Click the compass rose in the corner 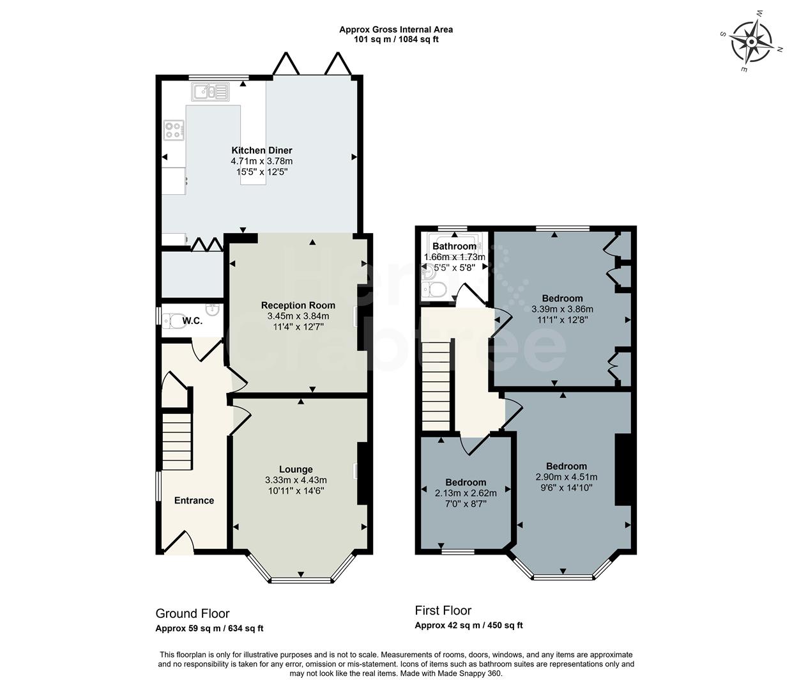pyautogui.click(x=751, y=41)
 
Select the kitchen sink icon pyautogui.click(x=209, y=92)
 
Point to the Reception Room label pyautogui.click(x=298, y=305)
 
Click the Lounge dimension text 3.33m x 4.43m pyautogui.click(x=296, y=480)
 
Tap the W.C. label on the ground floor pyautogui.click(x=192, y=321)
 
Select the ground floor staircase pyautogui.click(x=176, y=441)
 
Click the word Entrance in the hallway pyautogui.click(x=194, y=500)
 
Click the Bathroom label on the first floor pyautogui.click(x=454, y=247)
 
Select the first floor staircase pyautogui.click(x=437, y=387)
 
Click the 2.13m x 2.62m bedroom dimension pyautogui.click(x=466, y=493)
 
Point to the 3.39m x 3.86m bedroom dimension pyautogui.click(x=562, y=309)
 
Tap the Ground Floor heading pyautogui.click(x=192, y=614)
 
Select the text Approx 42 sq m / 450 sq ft pyautogui.click(x=469, y=625)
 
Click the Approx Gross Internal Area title pyautogui.click(x=396, y=29)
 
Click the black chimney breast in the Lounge pyautogui.click(x=362, y=473)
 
